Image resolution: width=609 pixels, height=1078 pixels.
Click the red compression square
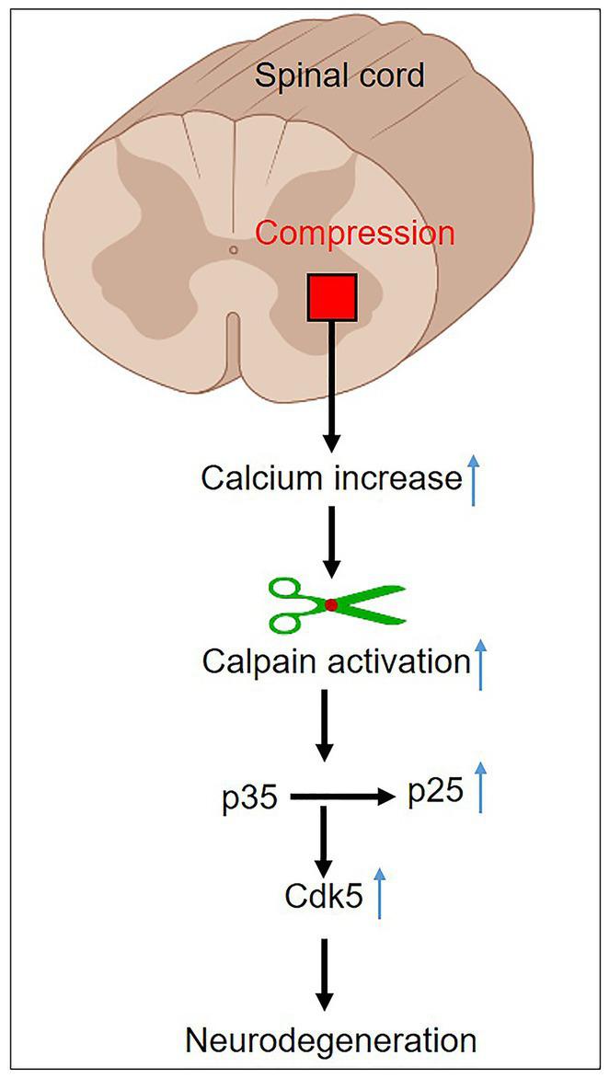332,297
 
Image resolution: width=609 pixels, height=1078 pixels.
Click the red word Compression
355,234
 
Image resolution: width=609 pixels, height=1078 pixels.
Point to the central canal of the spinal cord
234,249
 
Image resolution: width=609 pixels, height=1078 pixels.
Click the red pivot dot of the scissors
331,604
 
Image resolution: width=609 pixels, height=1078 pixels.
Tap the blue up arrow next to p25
478,787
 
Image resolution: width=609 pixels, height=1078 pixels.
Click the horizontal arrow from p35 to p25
340,798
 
